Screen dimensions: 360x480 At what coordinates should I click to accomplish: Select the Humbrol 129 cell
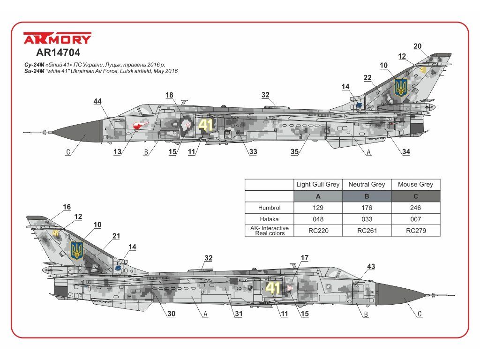[318, 208]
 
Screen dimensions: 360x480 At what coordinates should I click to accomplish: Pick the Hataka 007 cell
[416, 219]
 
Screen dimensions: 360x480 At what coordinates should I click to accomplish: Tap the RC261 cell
[367, 230]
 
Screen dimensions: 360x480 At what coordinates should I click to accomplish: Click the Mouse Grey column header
[416, 184]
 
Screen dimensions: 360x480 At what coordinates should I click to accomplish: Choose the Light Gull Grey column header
[318, 184]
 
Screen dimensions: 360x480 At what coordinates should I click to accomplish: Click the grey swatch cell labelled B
[367, 196]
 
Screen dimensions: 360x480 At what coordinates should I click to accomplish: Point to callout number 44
[97, 102]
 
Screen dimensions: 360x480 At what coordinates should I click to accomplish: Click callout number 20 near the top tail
[418, 46]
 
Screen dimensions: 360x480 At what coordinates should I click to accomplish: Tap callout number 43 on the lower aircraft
[371, 267]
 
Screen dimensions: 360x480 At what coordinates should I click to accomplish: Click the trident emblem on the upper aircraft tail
[401, 88]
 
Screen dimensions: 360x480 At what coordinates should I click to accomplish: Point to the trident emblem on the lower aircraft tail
[77, 251]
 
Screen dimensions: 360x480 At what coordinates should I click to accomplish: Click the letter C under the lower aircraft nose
[420, 315]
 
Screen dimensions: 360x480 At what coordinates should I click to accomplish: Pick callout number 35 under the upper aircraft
[294, 152]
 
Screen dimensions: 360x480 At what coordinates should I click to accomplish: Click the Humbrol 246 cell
[416, 208]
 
